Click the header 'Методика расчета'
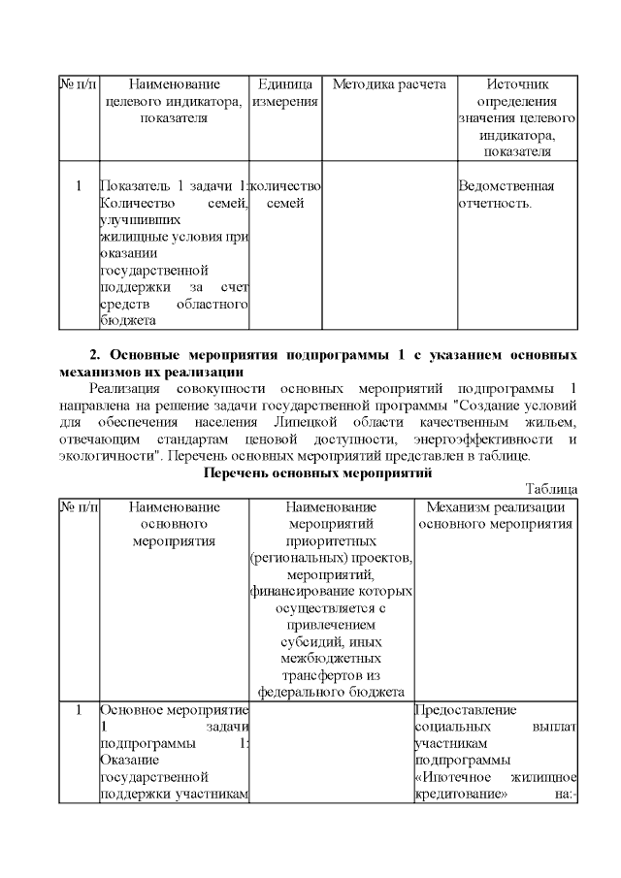(389, 84)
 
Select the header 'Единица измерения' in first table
(285, 92)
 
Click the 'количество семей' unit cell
(285, 194)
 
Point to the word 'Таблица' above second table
(552, 489)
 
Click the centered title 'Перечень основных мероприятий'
(317, 472)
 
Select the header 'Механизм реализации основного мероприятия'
(496, 515)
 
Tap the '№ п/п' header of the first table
(79, 84)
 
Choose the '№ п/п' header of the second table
(79, 506)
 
